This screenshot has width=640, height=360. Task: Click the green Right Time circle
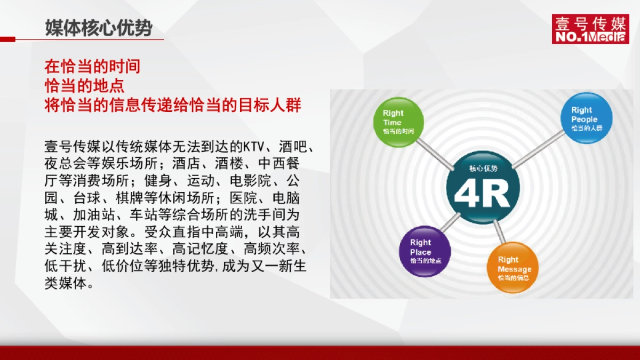coord(399,122)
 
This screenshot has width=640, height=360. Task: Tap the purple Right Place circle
coord(425,251)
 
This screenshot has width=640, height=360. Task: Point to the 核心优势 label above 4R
coord(483,169)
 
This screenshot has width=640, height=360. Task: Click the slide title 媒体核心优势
coord(99,28)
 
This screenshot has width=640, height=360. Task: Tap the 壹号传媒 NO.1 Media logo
coord(590,29)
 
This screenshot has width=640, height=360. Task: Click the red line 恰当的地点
coord(84,85)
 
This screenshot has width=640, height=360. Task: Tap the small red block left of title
coord(7,39)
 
